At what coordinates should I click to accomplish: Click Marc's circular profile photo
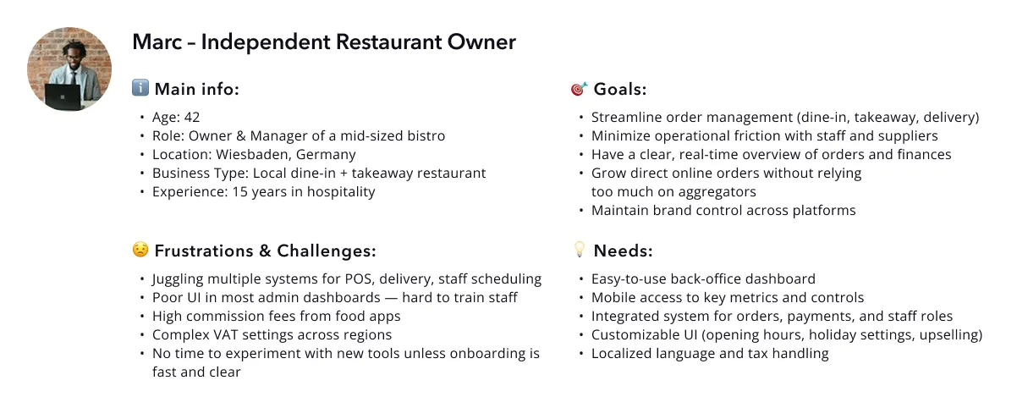tap(69, 69)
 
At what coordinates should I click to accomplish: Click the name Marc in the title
tap(156, 41)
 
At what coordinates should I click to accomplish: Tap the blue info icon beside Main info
tap(140, 88)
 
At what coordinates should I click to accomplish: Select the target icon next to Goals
tap(579, 89)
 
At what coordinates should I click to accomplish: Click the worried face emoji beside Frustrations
tap(140, 251)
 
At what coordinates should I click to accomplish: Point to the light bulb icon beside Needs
tap(580, 251)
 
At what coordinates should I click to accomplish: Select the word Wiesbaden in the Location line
tap(251, 154)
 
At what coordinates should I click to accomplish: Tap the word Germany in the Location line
tap(327, 154)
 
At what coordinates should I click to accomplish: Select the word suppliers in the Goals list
tap(905, 135)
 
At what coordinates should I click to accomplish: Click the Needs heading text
tap(623, 251)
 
